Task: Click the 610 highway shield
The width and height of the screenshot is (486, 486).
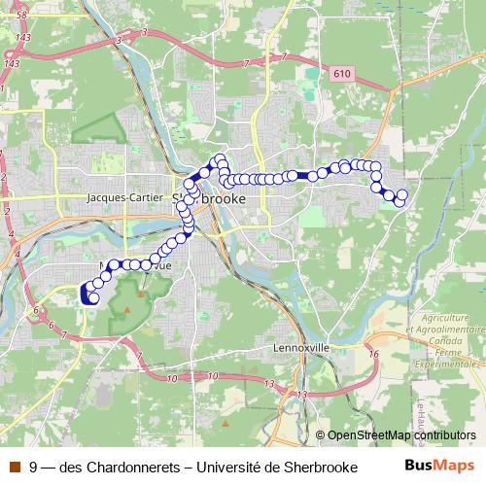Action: tap(339, 74)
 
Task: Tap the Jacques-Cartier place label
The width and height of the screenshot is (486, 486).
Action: tap(123, 197)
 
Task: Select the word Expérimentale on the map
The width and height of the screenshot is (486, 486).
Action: tap(450, 363)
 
